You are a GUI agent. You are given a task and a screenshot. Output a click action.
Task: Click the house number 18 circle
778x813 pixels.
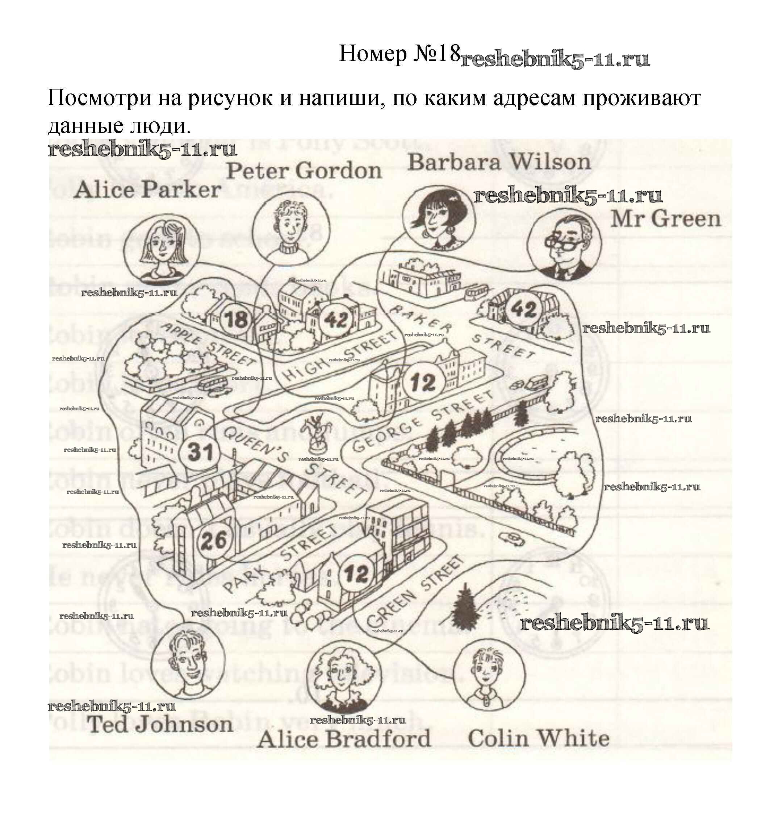[x=236, y=320]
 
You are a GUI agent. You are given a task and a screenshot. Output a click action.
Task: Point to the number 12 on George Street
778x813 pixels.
[x=423, y=382]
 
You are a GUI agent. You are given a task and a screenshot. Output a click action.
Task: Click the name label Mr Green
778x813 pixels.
[x=665, y=219]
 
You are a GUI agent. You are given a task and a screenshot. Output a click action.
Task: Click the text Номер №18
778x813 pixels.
[x=400, y=54]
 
